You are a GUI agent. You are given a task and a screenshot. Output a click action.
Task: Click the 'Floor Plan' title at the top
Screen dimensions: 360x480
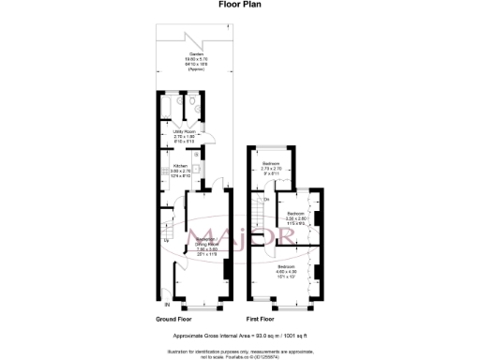pyautogui.click(x=240, y=5)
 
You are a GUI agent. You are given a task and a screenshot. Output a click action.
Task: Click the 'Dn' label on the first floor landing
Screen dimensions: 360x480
pyautogui.click(x=266, y=200)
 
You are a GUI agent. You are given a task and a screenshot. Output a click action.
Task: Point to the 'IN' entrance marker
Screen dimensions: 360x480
pyautogui.click(x=168, y=305)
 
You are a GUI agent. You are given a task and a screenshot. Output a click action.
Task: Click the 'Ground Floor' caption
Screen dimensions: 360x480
pyautogui.click(x=178, y=320)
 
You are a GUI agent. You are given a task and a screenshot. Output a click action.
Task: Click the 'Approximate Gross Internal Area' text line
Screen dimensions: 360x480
pyautogui.click(x=240, y=336)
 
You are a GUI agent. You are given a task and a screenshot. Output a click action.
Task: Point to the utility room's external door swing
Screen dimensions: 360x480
pyautogui.click(x=212, y=139)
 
